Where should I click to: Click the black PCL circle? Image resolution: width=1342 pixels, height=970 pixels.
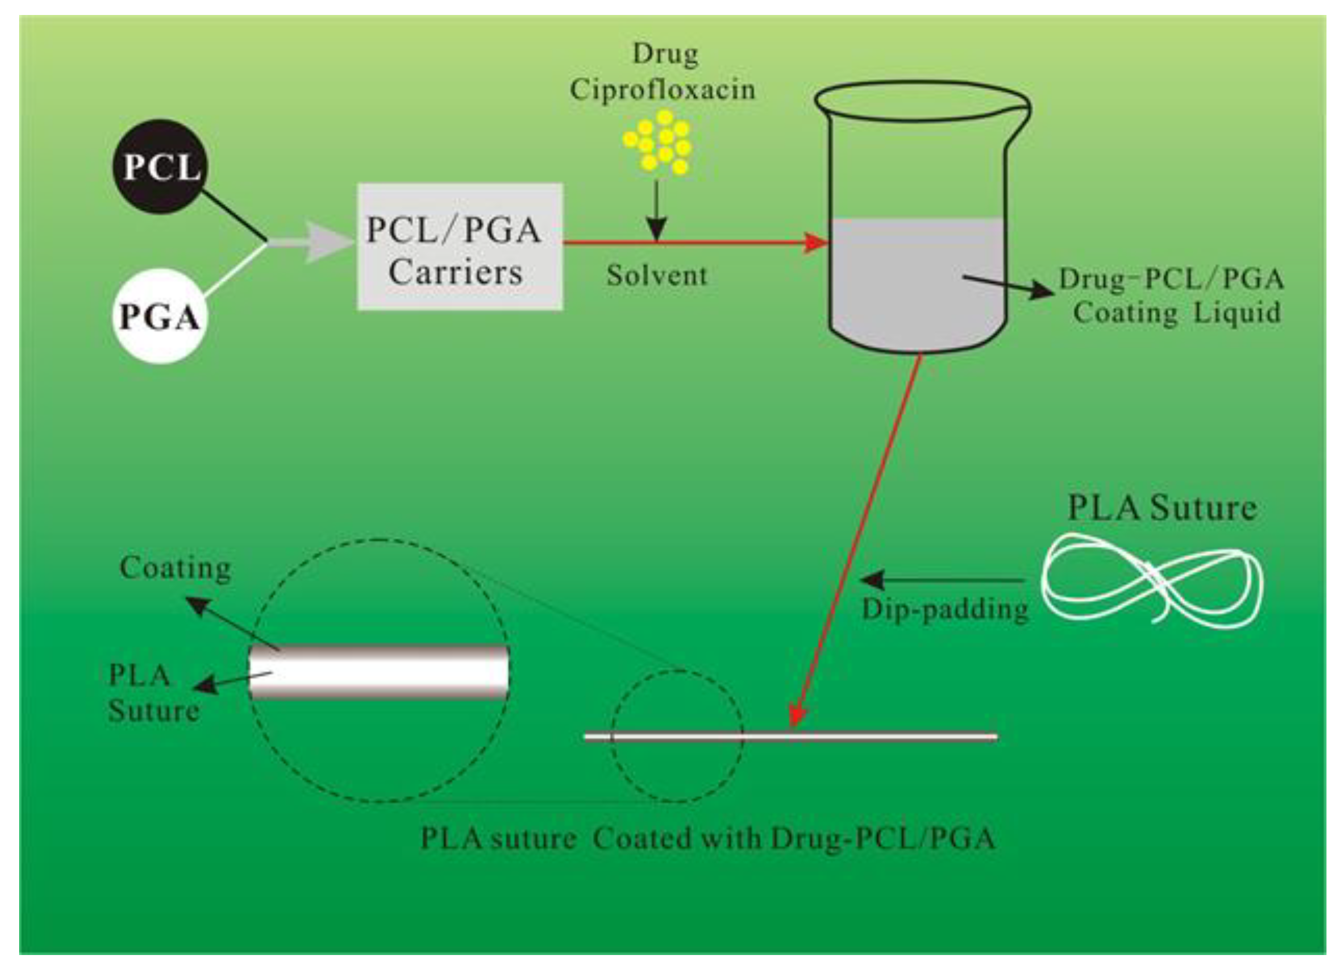pyautogui.click(x=160, y=168)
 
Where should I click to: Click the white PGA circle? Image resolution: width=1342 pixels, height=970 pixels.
pyautogui.click(x=159, y=316)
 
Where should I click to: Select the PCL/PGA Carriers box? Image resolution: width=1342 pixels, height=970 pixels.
pyautogui.click(x=460, y=247)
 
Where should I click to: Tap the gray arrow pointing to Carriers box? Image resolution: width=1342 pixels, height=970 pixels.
pyautogui.click(x=320, y=242)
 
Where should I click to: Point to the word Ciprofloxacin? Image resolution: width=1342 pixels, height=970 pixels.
pyautogui.click(x=663, y=90)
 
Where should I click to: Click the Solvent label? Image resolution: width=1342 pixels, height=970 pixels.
pyautogui.click(x=657, y=276)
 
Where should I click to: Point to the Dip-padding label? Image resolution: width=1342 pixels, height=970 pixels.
pyautogui.click(x=945, y=610)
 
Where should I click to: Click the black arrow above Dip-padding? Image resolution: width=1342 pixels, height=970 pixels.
pyautogui.click(x=941, y=580)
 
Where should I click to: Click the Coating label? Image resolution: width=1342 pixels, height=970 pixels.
pyautogui.click(x=175, y=568)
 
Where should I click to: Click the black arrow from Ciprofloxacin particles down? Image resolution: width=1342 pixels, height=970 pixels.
pyautogui.click(x=656, y=213)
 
